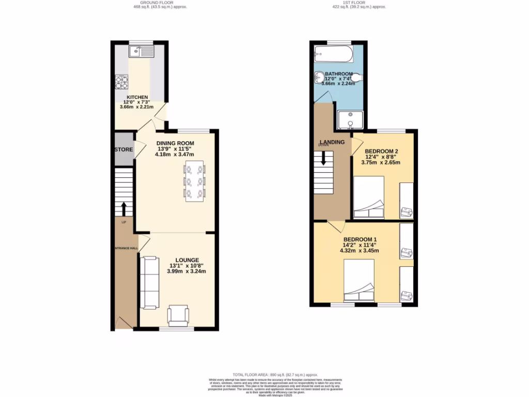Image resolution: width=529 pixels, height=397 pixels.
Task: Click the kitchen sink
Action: [141, 51]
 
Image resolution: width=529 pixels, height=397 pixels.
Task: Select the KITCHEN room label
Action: [138, 97]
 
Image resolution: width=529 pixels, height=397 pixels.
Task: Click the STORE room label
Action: [124, 150]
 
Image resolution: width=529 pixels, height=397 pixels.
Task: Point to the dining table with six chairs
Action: [194, 181]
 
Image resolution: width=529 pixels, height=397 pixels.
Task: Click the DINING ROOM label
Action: [176, 143]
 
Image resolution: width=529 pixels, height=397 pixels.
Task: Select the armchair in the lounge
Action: [178, 315]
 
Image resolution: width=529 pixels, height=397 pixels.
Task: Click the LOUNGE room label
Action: [187, 260]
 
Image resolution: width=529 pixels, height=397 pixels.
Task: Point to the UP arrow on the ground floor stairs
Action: [123, 209]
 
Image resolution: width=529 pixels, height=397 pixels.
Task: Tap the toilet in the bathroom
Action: [356, 78]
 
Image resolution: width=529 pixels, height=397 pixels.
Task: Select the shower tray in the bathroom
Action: [350, 120]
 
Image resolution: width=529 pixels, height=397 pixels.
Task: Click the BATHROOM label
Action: [339, 74]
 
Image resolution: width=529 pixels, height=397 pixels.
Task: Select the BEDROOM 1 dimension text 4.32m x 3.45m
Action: [359, 251]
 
